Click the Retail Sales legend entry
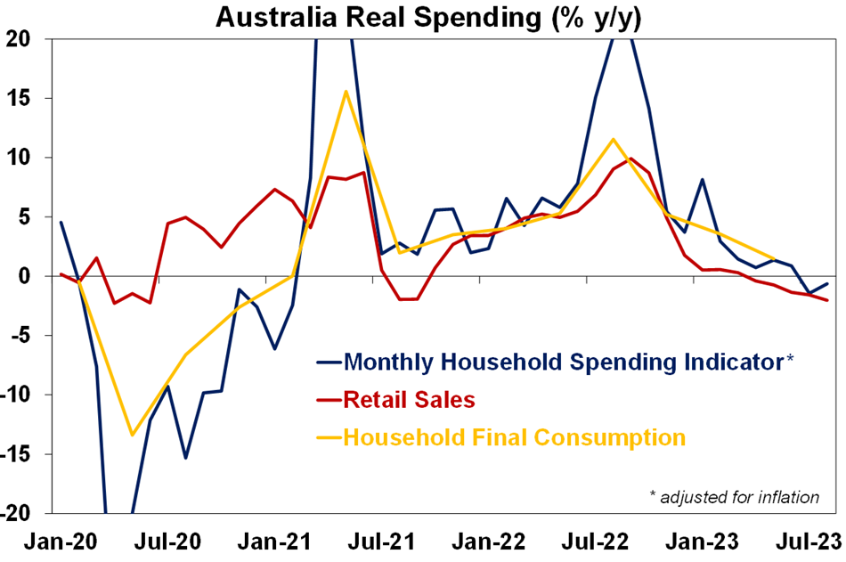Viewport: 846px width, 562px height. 409,400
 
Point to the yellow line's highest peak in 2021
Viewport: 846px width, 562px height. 346,92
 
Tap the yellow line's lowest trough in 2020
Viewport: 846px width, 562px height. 132,435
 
